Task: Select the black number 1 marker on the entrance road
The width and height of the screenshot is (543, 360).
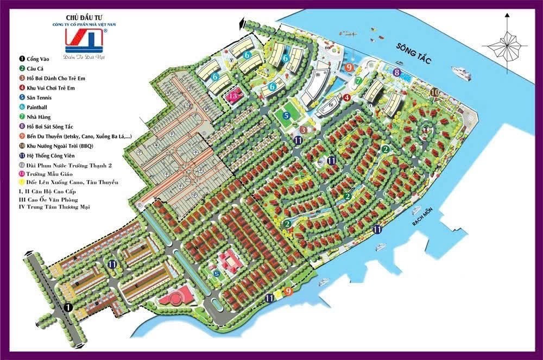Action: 68,307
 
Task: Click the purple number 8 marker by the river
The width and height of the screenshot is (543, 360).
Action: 397,72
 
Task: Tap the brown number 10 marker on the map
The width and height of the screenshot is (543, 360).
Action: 434,93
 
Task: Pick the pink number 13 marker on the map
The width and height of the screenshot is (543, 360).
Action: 233,96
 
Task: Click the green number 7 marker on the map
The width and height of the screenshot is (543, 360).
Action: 358,80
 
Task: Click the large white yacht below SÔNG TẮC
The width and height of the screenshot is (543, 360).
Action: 460,71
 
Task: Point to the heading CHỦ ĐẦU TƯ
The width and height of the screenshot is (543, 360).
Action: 83,17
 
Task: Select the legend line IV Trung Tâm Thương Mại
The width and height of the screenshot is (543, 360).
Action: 54,207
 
